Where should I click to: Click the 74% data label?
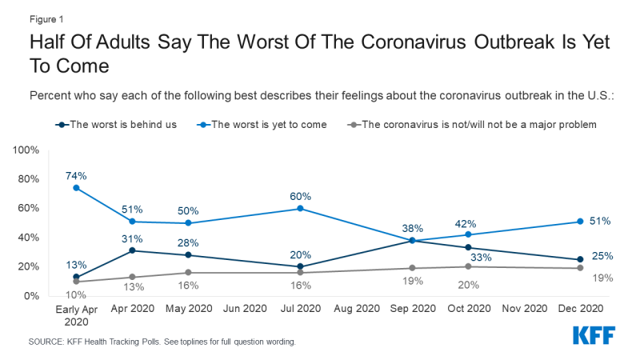pos(76,174)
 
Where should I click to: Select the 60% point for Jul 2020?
pos(300,208)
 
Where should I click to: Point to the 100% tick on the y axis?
pos(34,150)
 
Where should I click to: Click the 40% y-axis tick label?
pos(38,238)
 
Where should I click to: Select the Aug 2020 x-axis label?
pos(357,308)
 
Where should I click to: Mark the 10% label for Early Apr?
pos(76,296)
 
